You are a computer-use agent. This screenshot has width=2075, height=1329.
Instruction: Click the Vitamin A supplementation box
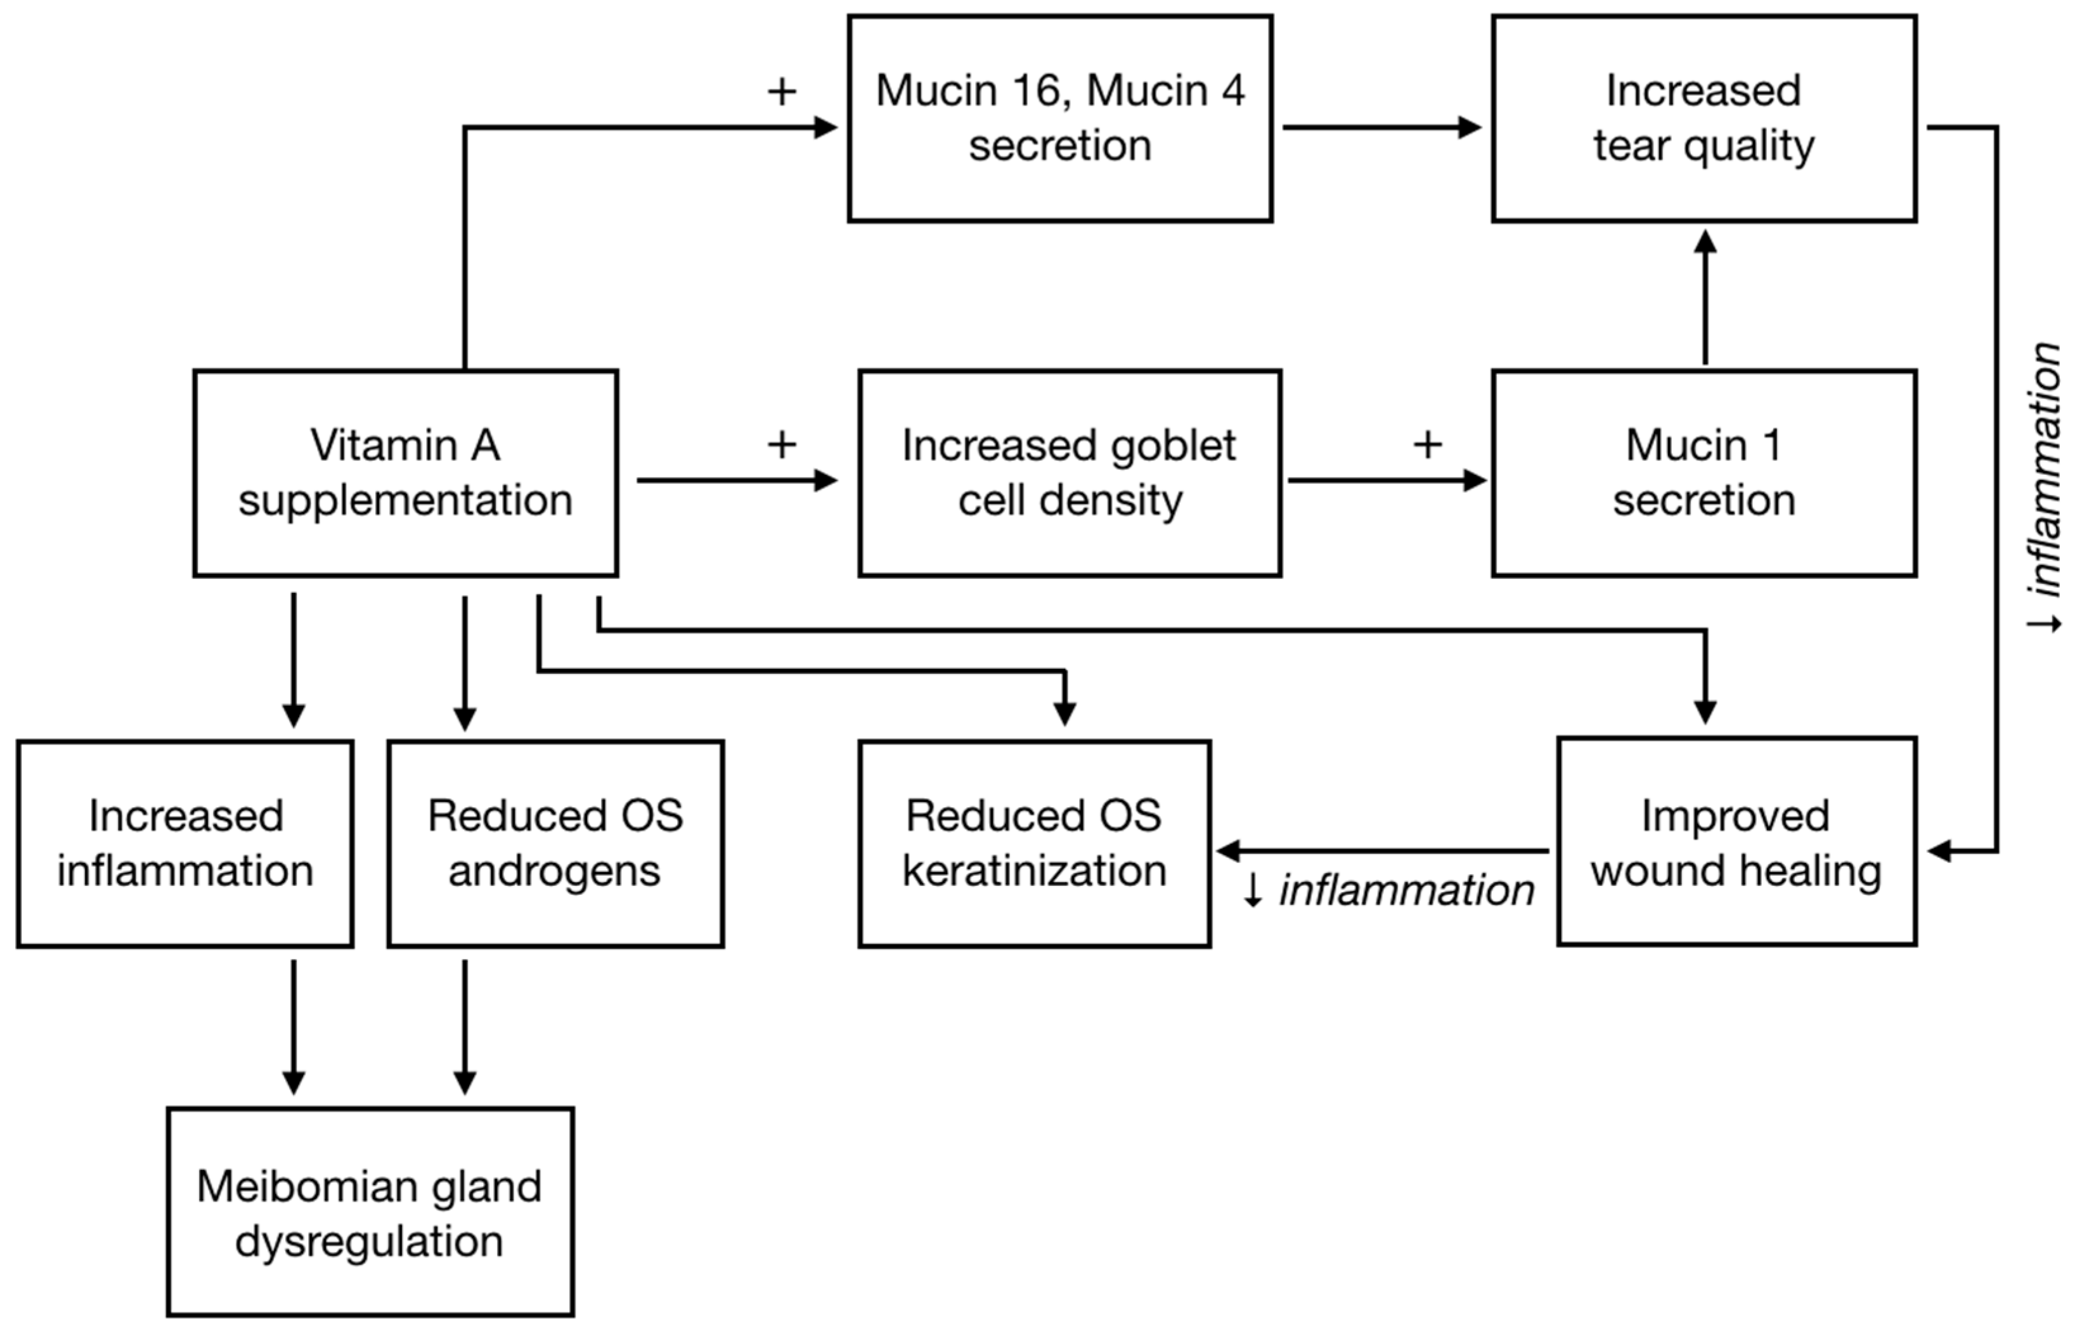(x=406, y=473)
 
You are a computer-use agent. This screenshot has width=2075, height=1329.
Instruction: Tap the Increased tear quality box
(x=1704, y=118)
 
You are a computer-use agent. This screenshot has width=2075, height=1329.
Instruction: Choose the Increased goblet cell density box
(x=1070, y=473)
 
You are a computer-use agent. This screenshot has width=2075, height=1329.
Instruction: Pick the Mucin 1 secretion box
(x=1704, y=473)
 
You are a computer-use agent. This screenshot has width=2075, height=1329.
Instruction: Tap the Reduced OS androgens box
(x=555, y=843)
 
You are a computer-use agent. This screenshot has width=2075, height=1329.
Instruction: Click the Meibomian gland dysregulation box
(x=370, y=1212)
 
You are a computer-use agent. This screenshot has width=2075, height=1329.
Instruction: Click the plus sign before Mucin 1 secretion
(x=1427, y=445)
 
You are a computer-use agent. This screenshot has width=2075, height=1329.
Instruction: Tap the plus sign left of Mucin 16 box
(x=782, y=91)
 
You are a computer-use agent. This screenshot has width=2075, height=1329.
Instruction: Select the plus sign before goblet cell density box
(x=782, y=445)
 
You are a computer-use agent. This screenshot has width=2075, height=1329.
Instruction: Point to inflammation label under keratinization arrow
(x=1389, y=890)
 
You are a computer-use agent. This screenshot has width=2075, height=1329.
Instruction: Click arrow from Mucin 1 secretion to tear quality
(x=1705, y=298)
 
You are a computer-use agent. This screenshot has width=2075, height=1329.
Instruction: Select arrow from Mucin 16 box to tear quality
(x=1380, y=127)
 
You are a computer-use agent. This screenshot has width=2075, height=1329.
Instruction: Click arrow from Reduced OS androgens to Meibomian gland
(x=465, y=1027)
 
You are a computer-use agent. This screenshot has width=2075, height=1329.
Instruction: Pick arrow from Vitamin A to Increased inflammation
(x=294, y=660)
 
